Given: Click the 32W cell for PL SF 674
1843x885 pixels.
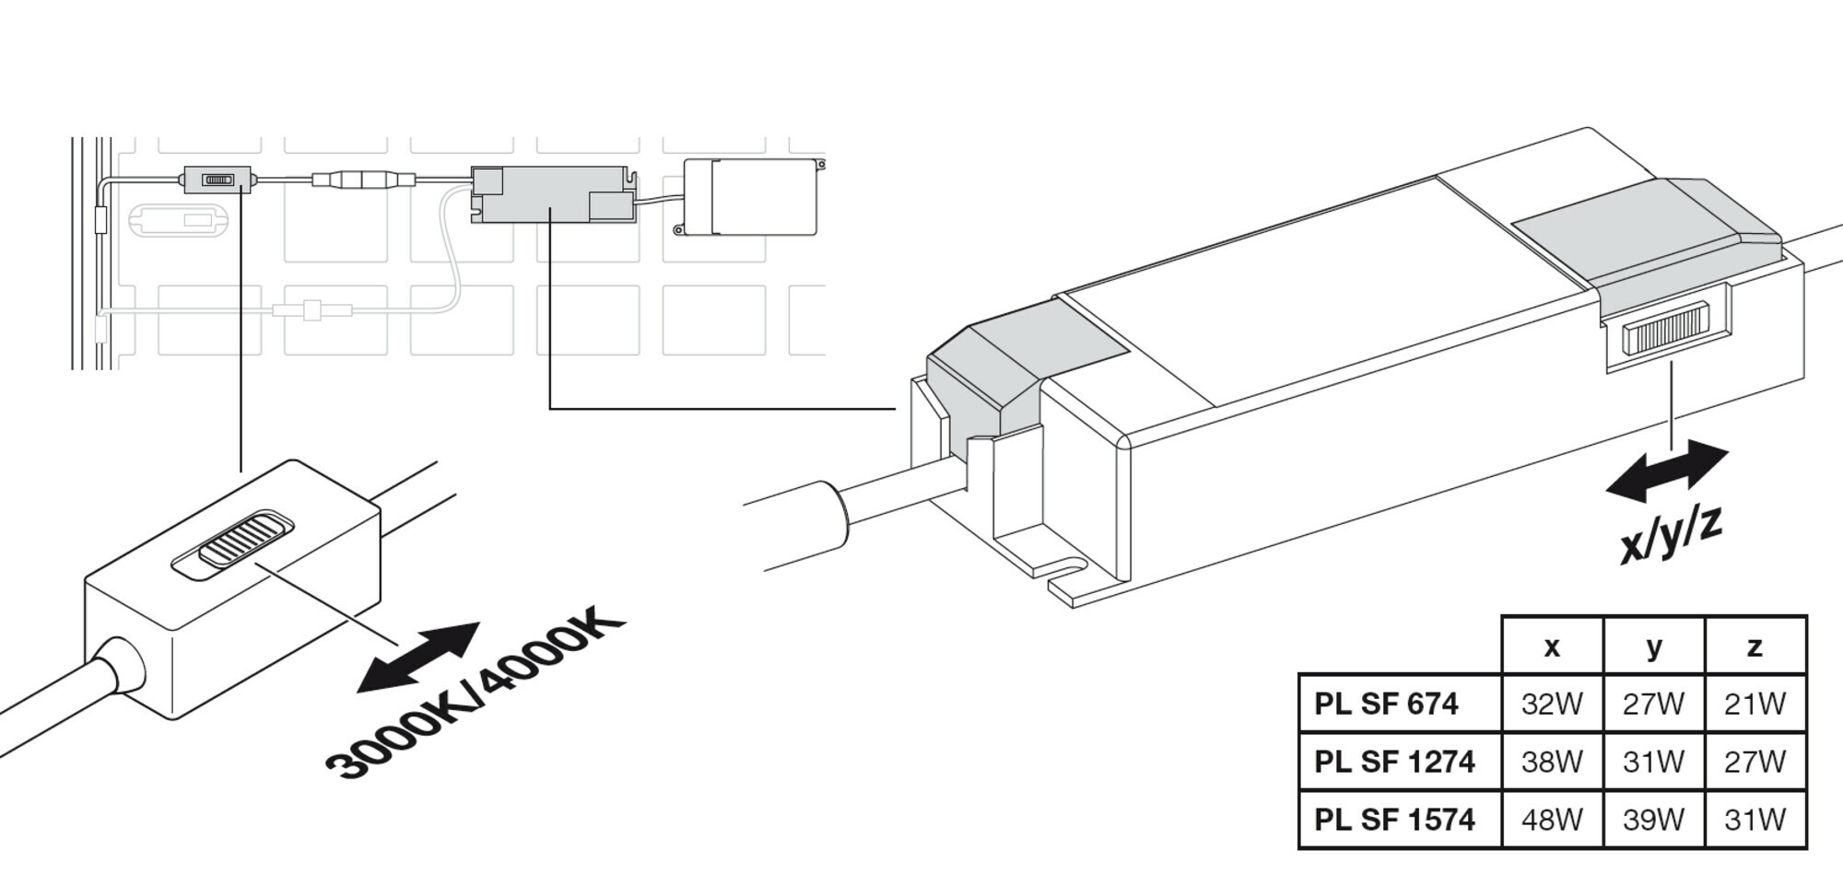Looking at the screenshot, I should pyautogui.click(x=1552, y=704).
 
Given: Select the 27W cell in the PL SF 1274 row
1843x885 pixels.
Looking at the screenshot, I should pyautogui.click(x=1755, y=762).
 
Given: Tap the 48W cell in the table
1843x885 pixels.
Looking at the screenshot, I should pyautogui.click(x=1552, y=819).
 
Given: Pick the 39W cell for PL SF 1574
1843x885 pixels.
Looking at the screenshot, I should pyautogui.click(x=1653, y=819).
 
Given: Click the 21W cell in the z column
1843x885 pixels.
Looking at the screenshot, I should pyautogui.click(x=1755, y=704).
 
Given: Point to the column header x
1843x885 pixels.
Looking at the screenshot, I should pyautogui.click(x=1552, y=646).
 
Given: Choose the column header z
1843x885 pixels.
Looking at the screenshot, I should pyautogui.click(x=1755, y=646).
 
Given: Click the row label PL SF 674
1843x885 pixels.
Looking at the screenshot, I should pyautogui.click(x=1386, y=704).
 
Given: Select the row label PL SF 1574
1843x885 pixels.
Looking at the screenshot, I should pyautogui.click(x=1394, y=819).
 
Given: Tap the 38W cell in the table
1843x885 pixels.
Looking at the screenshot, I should pyautogui.click(x=1552, y=762).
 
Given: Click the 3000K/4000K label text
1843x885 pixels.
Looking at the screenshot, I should pyautogui.click(x=475, y=695).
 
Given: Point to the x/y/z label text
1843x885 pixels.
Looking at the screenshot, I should pyautogui.click(x=1671, y=534).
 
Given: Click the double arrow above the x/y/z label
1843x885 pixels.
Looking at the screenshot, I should pyautogui.click(x=1667, y=471).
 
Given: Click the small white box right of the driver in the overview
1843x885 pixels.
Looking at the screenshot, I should pyautogui.click(x=750, y=197).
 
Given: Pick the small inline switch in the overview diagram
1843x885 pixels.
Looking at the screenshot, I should pyautogui.click(x=217, y=179).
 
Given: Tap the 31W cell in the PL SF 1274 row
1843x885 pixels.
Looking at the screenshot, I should pyautogui.click(x=1653, y=762).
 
